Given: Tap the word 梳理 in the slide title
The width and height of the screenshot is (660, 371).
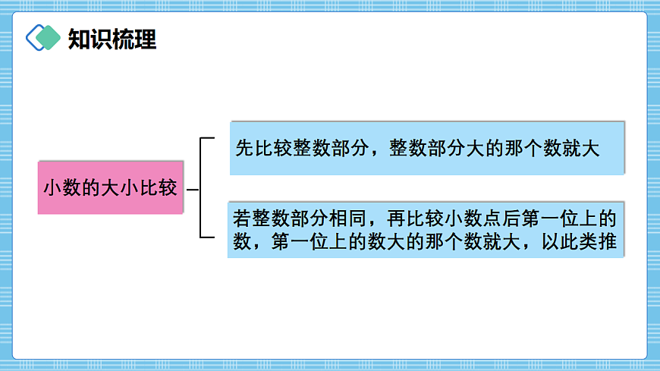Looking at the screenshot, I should [x=134, y=39].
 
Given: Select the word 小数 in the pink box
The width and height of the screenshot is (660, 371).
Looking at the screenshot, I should [x=61, y=188].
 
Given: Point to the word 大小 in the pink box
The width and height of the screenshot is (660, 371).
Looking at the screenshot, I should [x=109, y=188].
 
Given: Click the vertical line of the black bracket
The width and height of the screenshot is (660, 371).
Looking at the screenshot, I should [x=200, y=188].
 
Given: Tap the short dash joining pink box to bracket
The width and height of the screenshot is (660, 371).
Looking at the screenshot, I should [x=193, y=189].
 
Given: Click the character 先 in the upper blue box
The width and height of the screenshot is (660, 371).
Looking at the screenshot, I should [x=244, y=149].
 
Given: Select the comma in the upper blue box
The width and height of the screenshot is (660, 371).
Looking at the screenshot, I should [x=376, y=152].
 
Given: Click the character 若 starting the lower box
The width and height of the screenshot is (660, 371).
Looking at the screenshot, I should [x=242, y=219].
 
